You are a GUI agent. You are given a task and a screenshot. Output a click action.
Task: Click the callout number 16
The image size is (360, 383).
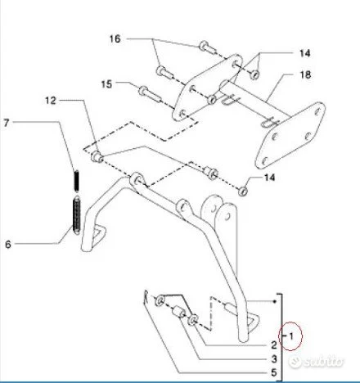(x=115, y=38)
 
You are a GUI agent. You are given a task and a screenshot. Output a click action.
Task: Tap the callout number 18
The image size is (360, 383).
(x=305, y=74)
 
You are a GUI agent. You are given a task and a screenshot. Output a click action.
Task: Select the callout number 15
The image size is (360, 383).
(x=106, y=84)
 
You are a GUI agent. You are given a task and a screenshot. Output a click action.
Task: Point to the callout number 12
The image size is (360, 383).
(x=51, y=101)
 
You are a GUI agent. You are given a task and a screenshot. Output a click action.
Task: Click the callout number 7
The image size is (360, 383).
(x=7, y=123)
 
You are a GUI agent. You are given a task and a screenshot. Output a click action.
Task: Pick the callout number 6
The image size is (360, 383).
(x=8, y=244)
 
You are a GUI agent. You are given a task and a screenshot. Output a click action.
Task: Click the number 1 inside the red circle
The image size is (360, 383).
(x=291, y=336)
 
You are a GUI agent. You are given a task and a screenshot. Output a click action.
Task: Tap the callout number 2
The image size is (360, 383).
(x=274, y=345)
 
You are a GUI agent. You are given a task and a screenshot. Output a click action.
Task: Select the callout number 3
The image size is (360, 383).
(x=274, y=359)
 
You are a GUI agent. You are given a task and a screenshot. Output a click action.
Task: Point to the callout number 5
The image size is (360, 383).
(x=274, y=372)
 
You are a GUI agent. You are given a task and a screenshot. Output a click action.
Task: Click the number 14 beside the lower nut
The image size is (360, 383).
(x=269, y=178)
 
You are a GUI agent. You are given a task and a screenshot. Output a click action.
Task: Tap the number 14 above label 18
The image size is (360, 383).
(x=305, y=53)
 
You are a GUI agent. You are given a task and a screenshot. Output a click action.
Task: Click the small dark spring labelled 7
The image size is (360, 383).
(x=77, y=181)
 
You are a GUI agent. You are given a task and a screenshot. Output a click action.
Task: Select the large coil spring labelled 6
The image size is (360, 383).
(x=77, y=215)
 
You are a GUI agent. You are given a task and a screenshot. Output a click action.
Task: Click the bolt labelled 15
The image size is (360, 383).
(x=151, y=94)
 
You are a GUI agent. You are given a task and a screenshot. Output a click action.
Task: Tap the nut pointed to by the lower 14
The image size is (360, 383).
(x=242, y=191)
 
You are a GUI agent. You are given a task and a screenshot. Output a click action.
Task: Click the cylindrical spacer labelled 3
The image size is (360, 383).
(x=178, y=312)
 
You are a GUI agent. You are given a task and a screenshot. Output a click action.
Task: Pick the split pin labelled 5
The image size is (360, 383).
(x=146, y=297)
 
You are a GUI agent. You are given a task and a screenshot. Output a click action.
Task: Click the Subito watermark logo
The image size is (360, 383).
(x=316, y=362)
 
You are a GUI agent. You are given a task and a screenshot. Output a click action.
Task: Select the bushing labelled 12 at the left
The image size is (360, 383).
(x=97, y=157)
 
